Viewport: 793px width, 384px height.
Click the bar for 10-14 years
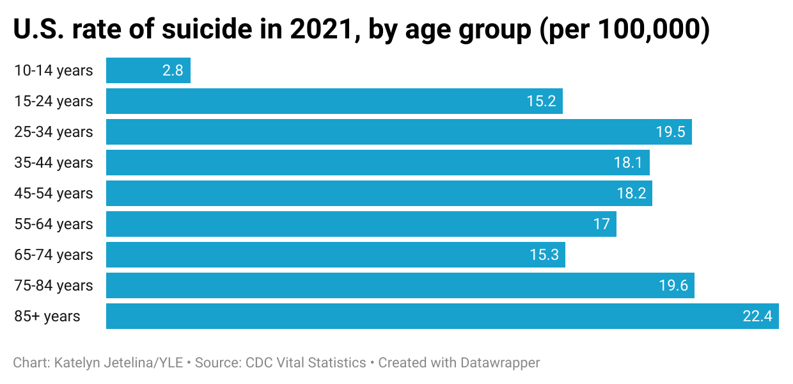tap(148, 70)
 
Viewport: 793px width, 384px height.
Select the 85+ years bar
tap(441, 316)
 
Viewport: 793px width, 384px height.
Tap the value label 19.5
tap(670, 132)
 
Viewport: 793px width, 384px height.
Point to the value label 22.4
tap(757, 316)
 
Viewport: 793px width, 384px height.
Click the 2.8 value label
tap(173, 70)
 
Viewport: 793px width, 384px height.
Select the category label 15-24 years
tap(54, 101)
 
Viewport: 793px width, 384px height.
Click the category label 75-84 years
tap(54, 285)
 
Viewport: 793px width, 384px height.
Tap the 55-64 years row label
tap(54, 224)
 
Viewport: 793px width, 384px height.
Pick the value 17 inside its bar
tap(601, 224)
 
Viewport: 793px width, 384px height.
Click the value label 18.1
tap(628, 163)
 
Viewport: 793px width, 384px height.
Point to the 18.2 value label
tap(631, 193)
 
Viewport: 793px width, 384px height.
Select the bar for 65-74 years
tap(335, 255)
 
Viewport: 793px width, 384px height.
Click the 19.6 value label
tap(673, 285)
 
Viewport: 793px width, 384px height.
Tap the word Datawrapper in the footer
tap(500, 363)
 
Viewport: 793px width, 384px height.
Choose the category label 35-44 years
tap(54, 163)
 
